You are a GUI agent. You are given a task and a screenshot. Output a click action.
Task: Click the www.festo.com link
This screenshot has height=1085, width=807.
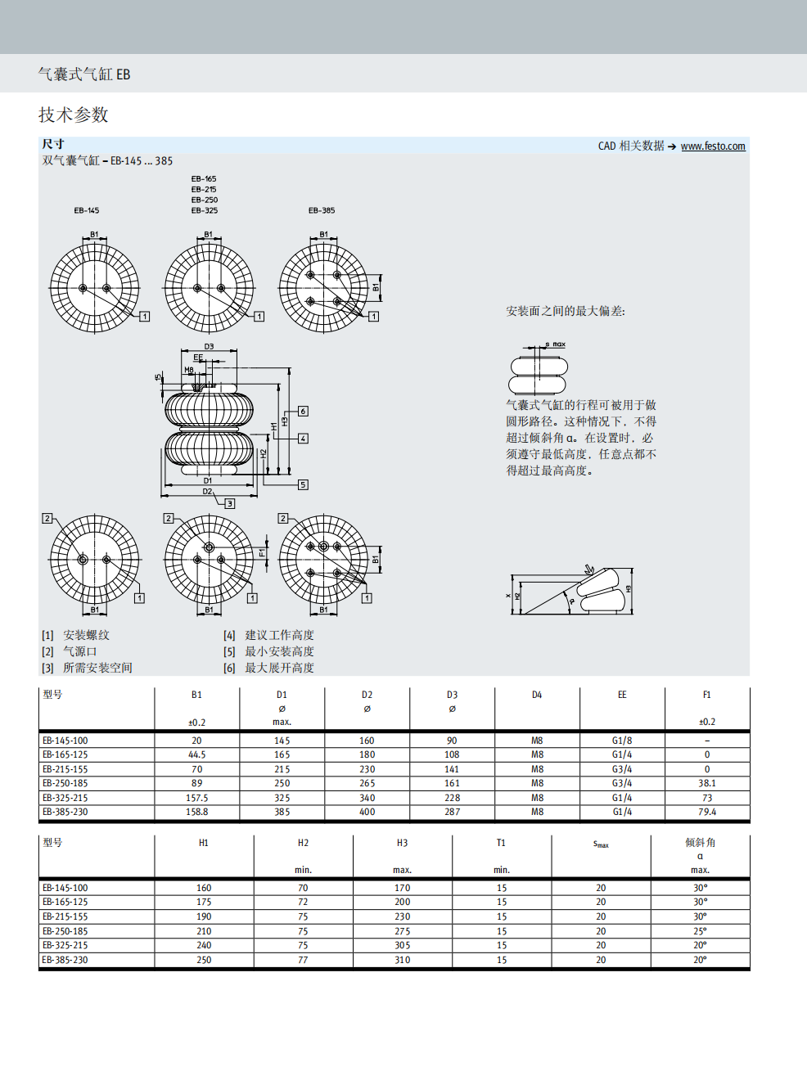click(x=712, y=146)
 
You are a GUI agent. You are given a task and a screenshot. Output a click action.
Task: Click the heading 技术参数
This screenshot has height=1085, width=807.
click(x=74, y=115)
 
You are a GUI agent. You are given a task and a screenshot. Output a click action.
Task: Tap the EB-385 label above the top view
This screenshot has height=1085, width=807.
click(x=321, y=210)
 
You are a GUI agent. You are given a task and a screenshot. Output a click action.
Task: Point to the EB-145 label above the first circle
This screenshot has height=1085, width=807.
click(x=86, y=210)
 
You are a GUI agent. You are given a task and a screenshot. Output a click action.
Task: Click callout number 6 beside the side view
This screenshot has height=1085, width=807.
click(x=303, y=411)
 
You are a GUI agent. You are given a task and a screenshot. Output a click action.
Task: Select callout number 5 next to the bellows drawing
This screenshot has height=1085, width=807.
click(x=303, y=484)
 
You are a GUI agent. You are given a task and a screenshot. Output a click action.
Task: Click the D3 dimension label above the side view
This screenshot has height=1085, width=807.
click(x=209, y=346)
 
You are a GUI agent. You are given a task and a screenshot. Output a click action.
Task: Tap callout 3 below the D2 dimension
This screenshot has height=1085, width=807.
click(x=230, y=503)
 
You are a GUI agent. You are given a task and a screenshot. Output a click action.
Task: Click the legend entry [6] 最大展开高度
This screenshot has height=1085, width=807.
click(x=269, y=668)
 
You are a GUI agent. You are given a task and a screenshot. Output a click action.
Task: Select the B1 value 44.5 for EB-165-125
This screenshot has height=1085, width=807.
click(x=196, y=754)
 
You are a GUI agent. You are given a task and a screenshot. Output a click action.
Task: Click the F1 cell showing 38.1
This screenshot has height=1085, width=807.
click(x=706, y=783)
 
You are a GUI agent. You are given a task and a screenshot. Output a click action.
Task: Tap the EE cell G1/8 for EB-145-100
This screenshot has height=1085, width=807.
click(x=621, y=741)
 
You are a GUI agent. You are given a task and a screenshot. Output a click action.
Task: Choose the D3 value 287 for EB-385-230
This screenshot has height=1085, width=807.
click(x=452, y=812)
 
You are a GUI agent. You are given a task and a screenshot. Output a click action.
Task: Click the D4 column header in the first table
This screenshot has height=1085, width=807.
click(x=537, y=695)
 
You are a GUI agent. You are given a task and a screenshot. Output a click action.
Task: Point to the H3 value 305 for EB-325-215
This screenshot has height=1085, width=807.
click(x=402, y=945)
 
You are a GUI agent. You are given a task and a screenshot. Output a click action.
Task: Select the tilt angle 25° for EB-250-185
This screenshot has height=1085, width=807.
click(x=700, y=931)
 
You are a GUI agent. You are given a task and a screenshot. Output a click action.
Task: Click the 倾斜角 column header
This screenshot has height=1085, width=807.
click(x=700, y=842)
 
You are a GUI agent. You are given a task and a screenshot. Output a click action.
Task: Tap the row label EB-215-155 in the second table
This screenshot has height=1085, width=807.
click(x=65, y=916)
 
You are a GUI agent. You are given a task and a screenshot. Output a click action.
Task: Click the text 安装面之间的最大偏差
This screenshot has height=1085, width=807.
click(x=565, y=311)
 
